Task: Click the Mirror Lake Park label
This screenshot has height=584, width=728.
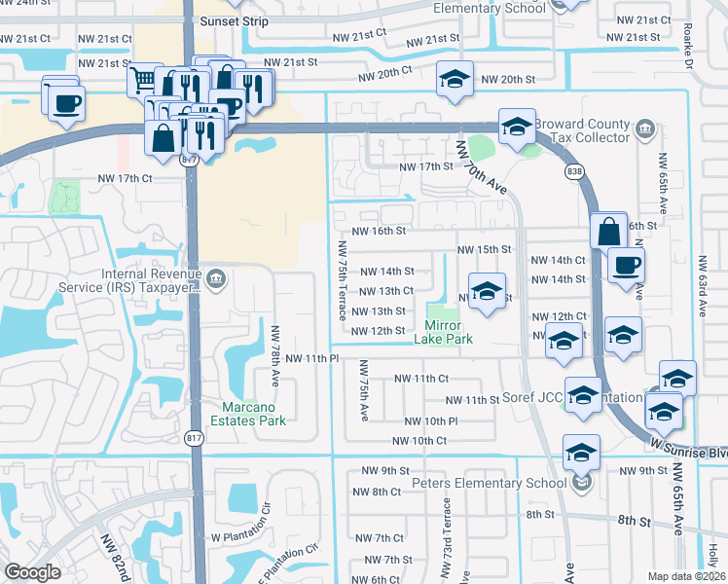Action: (x=449, y=332)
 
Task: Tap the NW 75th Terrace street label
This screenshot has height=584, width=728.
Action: (x=343, y=280)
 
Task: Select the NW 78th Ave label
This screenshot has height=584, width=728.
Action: (x=275, y=353)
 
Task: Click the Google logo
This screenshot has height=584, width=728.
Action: (x=32, y=572)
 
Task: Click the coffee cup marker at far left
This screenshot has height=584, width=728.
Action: (x=65, y=103)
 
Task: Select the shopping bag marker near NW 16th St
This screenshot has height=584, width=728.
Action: (x=608, y=232)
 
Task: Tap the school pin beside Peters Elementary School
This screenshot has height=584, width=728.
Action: (x=581, y=453)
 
